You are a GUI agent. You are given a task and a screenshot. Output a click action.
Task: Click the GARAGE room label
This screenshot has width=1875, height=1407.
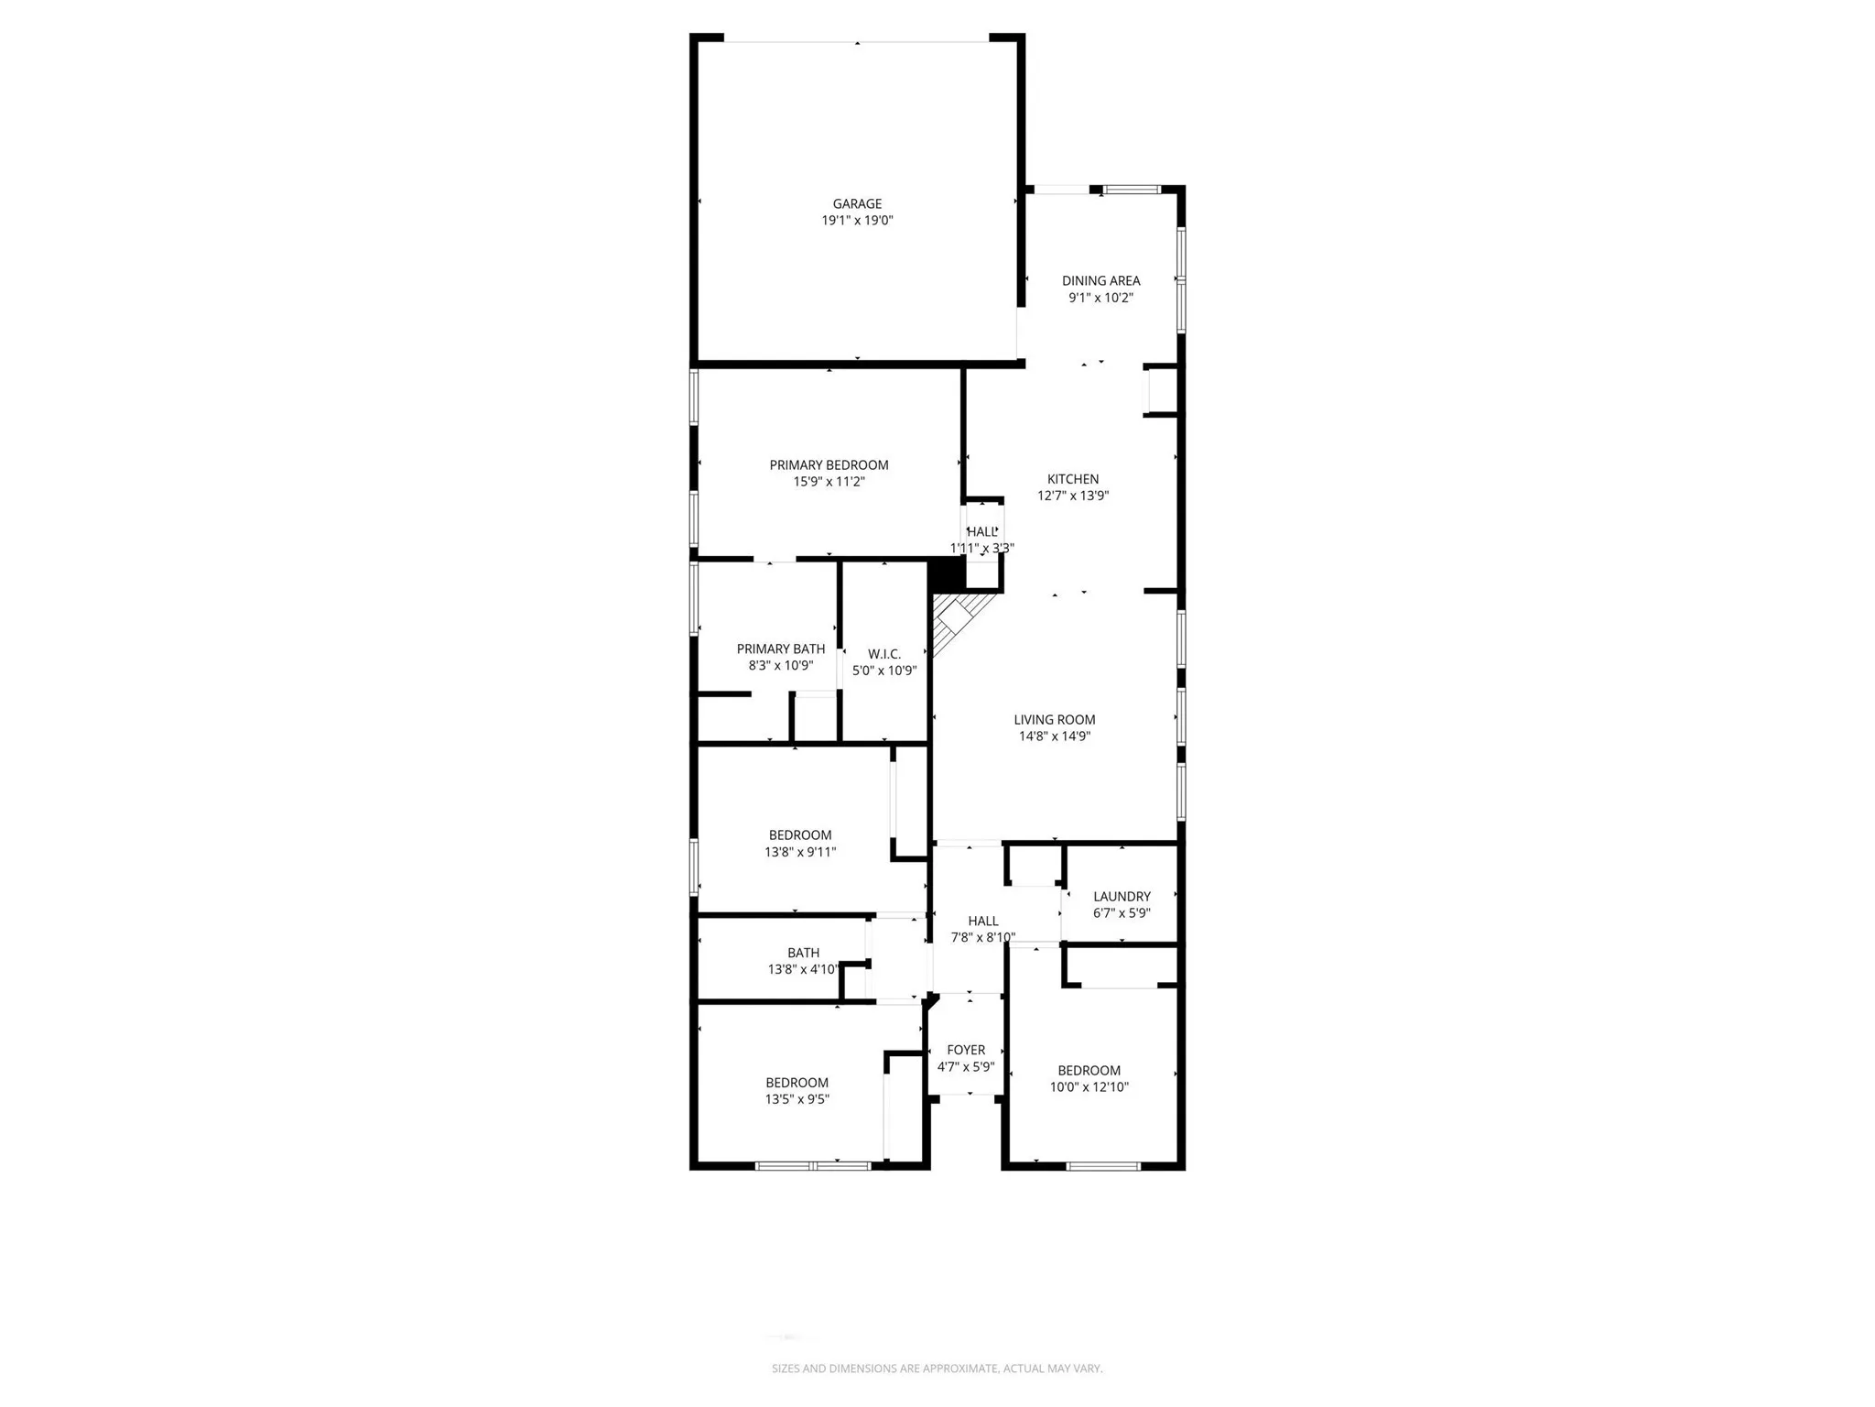tap(857, 203)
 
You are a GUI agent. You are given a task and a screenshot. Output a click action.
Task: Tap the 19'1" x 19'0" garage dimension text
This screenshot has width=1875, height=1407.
tap(857, 221)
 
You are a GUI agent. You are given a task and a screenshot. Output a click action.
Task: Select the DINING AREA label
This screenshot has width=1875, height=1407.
tap(1100, 280)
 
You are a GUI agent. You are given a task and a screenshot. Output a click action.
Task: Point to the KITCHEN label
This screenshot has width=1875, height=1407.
tap(1073, 479)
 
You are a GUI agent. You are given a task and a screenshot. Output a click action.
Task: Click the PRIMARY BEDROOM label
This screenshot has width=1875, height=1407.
tap(829, 465)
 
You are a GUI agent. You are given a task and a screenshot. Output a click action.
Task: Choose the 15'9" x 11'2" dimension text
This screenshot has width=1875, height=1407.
tap(829, 482)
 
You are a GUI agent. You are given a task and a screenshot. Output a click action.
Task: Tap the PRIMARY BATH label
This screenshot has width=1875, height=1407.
tap(781, 649)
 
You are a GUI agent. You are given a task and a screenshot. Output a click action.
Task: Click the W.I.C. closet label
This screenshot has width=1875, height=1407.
tap(884, 654)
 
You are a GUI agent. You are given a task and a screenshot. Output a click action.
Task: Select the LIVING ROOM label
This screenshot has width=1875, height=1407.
tap(1055, 720)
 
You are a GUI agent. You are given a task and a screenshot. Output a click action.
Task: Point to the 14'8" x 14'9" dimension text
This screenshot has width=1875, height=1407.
tap(1055, 736)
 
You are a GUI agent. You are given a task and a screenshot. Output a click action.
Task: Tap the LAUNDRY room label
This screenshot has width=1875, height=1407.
tap(1122, 897)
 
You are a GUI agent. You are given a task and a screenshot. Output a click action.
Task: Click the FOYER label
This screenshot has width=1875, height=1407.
tap(966, 1050)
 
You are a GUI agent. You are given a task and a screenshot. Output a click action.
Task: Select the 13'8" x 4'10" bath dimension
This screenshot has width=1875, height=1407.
tap(803, 969)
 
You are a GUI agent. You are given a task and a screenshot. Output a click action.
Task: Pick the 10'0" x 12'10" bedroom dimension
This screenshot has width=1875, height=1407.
tap(1089, 1087)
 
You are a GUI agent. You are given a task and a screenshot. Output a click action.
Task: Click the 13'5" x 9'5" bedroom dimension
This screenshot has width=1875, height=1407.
tap(797, 1099)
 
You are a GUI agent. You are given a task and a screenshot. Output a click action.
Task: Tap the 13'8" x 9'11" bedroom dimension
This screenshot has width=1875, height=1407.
tap(800, 852)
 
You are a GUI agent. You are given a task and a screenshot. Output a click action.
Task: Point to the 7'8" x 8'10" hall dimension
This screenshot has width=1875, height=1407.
tap(983, 937)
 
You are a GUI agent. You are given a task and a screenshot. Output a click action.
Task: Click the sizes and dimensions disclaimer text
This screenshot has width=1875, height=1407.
tap(937, 1369)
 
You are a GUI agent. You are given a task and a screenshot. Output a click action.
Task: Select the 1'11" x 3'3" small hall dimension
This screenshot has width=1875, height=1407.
tap(981, 549)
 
